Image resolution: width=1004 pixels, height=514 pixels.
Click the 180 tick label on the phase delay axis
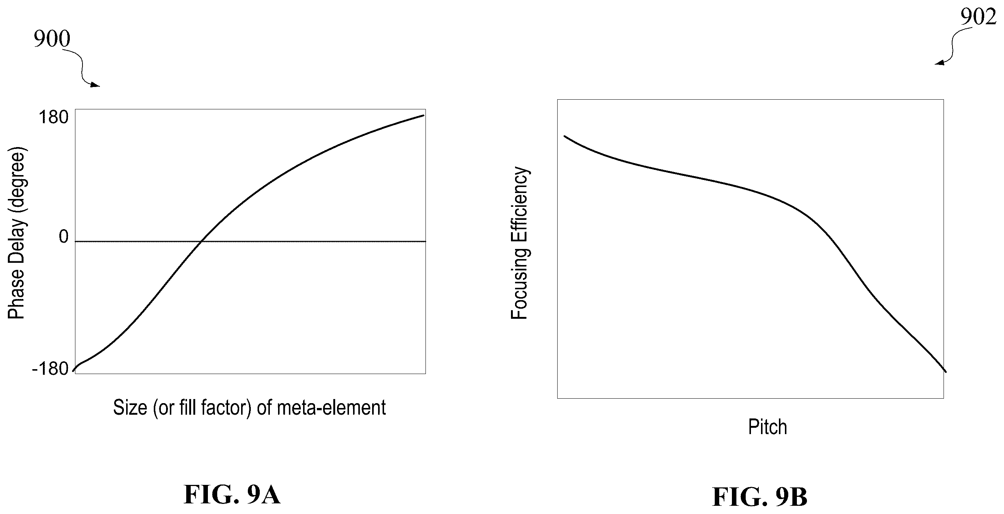[53, 117]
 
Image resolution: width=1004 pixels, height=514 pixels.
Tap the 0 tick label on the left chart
[63, 237]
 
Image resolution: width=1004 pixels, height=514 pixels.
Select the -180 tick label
[50, 369]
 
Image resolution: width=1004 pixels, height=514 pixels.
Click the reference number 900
[52, 38]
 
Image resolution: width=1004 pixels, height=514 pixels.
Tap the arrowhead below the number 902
[939, 63]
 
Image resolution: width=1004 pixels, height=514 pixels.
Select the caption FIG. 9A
[232, 495]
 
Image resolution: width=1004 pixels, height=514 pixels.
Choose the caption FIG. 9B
[760, 497]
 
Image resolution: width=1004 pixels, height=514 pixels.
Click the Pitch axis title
[767, 427]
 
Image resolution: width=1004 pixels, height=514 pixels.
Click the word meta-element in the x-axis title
[331, 408]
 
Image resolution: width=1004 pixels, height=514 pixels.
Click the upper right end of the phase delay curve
[424, 115]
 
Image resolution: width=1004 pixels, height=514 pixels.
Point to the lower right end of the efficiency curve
[946, 372]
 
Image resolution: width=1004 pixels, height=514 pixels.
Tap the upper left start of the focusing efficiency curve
[564, 136]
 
